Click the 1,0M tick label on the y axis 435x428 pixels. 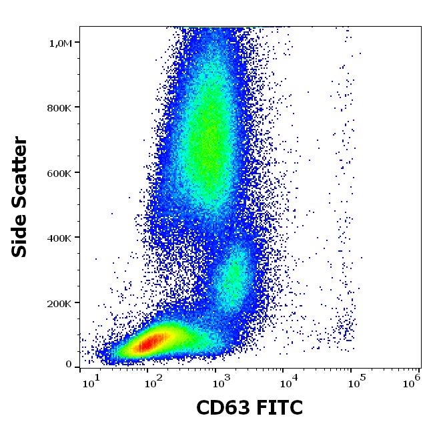point(61,43)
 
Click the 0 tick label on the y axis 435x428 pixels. point(69,365)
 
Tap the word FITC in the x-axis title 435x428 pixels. point(281,407)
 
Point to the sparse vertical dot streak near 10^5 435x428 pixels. point(346,200)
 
